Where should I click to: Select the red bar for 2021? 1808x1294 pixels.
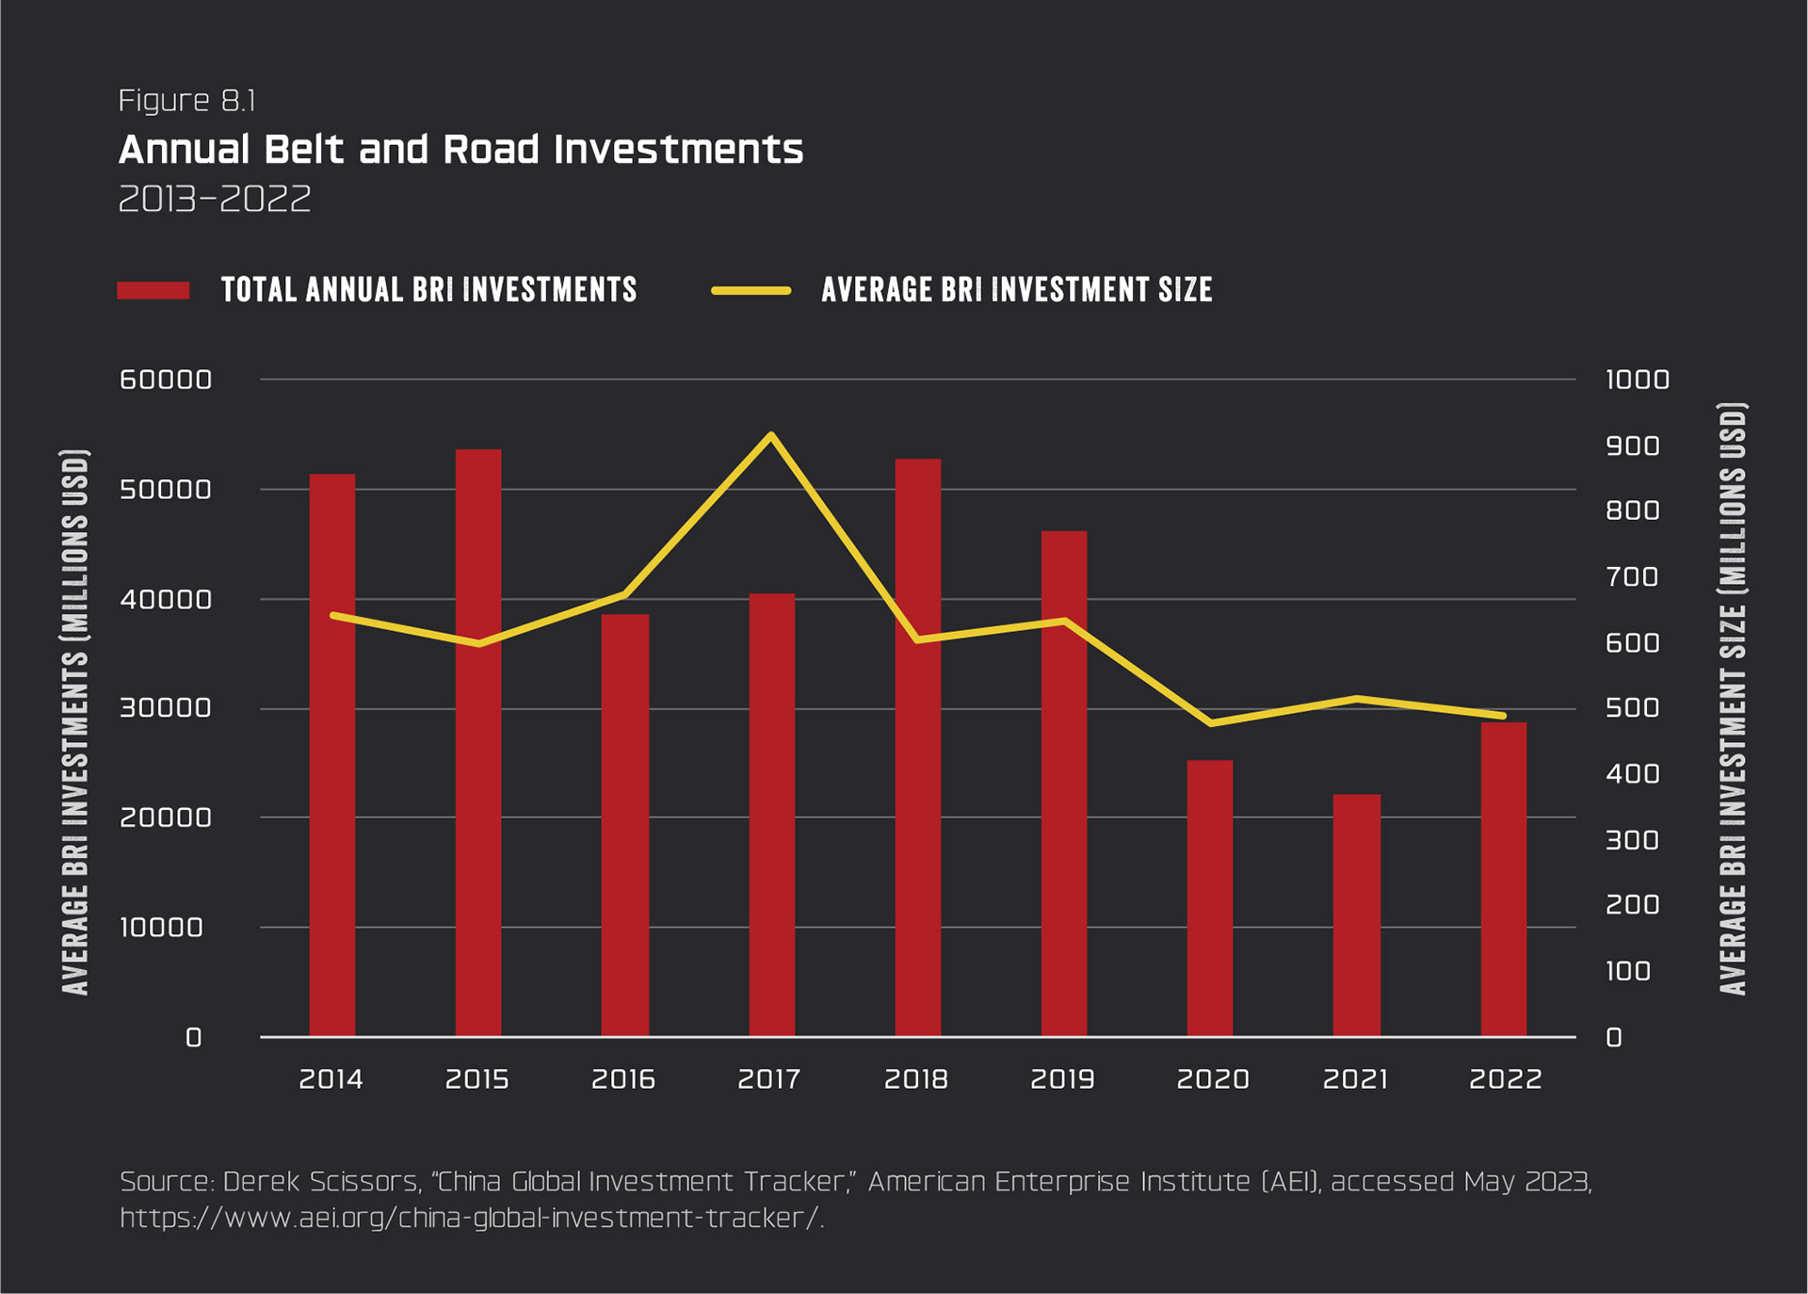[x=1356, y=914]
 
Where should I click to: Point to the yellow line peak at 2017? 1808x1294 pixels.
[x=771, y=435]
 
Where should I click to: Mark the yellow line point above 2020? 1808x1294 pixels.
[x=1210, y=723]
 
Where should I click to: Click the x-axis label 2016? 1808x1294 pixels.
[x=623, y=1079]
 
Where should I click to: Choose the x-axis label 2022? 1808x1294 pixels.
[x=1505, y=1079]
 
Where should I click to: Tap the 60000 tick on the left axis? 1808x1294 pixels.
[x=166, y=380]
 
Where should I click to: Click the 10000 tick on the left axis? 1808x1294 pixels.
[x=161, y=928]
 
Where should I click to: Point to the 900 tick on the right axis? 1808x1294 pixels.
[x=1632, y=445]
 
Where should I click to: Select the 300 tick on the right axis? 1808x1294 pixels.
[x=1632, y=839]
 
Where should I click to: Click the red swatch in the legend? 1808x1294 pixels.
[x=153, y=290]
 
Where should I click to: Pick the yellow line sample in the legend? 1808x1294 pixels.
[x=751, y=290]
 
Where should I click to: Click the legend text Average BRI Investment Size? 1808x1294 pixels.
[x=1016, y=290]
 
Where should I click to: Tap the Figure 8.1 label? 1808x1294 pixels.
[x=186, y=101]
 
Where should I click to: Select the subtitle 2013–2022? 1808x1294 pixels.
[x=215, y=200]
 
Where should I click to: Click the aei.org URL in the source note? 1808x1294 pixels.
[x=471, y=1219]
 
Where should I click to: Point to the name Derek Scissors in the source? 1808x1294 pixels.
[x=320, y=1182]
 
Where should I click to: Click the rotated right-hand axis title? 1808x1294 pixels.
[x=1733, y=698]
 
